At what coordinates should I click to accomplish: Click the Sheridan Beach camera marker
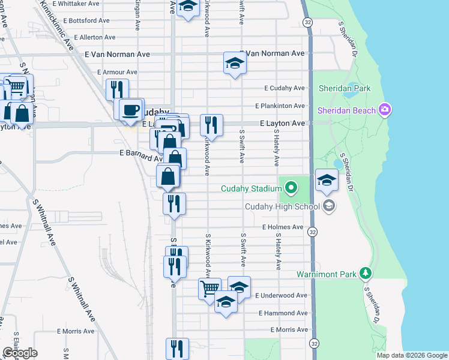click(x=385, y=110)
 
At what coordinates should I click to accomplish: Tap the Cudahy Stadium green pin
click(x=291, y=188)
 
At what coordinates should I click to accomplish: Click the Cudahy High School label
click(x=283, y=207)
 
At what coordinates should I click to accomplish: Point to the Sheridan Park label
click(x=345, y=88)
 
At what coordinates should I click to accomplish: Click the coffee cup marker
click(x=130, y=109)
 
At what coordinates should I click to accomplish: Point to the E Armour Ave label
click(x=117, y=72)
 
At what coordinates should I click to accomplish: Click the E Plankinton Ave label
click(x=280, y=106)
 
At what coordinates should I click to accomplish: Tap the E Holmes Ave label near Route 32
click(x=283, y=227)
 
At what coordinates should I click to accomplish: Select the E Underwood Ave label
click(x=281, y=295)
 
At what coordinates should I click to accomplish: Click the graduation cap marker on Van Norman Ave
click(x=235, y=62)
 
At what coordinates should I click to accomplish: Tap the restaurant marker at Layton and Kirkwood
click(x=211, y=125)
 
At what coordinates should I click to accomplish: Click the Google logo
click(x=20, y=353)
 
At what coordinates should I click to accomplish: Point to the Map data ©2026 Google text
click(x=412, y=355)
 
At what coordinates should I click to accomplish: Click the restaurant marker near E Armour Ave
click(x=117, y=89)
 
